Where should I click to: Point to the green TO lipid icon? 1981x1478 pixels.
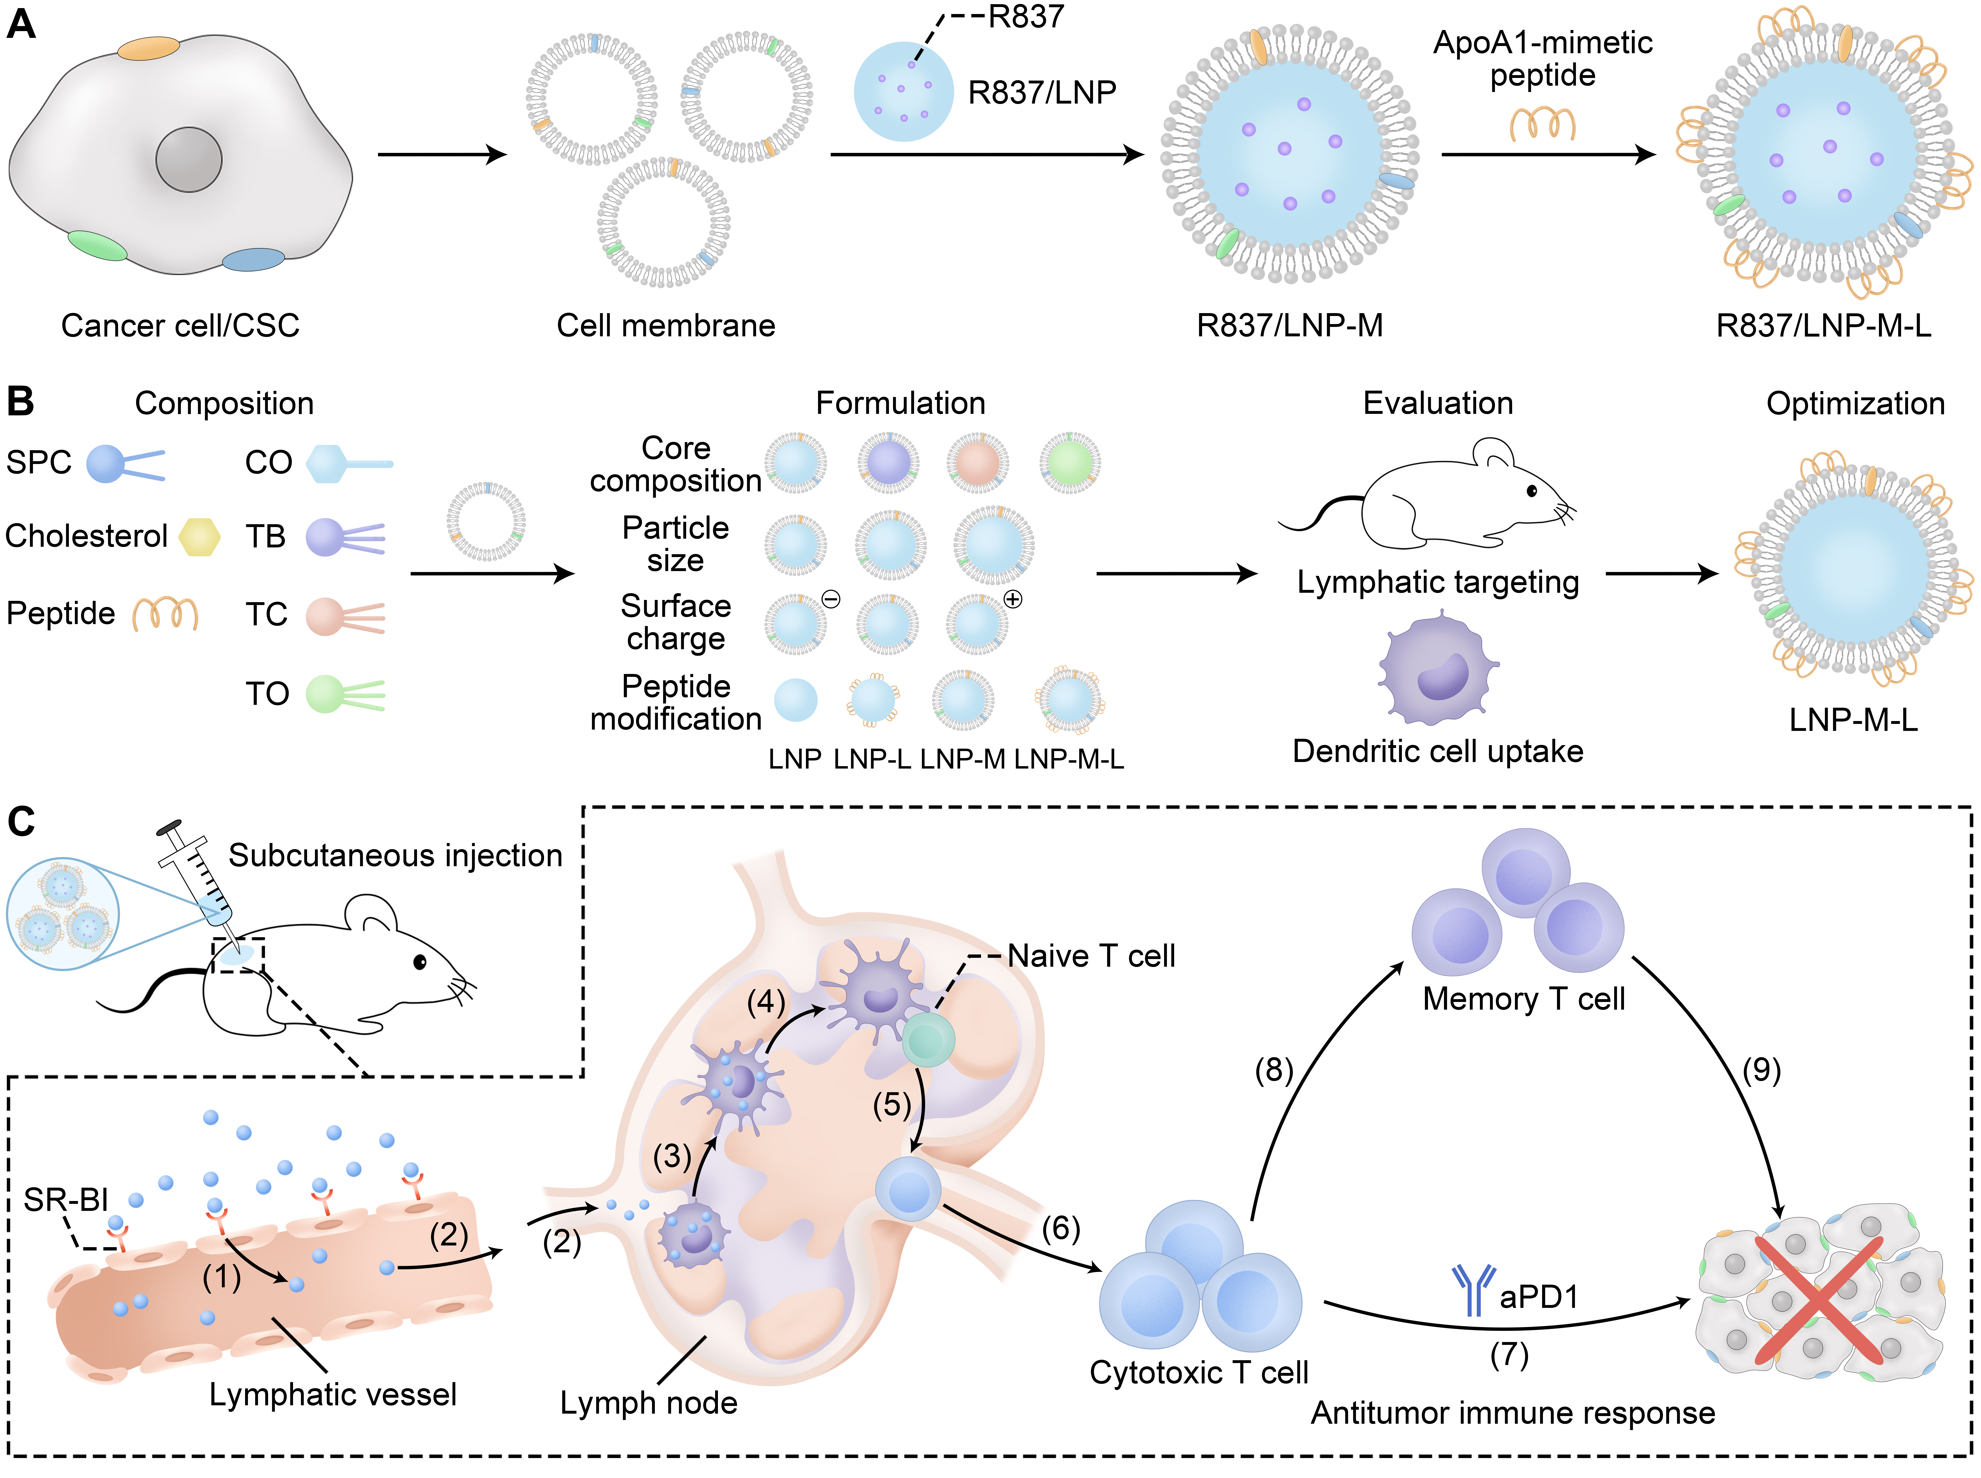point(345,693)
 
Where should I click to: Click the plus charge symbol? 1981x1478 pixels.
point(1013,600)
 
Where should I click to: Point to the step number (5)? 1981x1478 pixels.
point(891,1105)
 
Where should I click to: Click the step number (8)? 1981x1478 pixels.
point(1273,1070)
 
